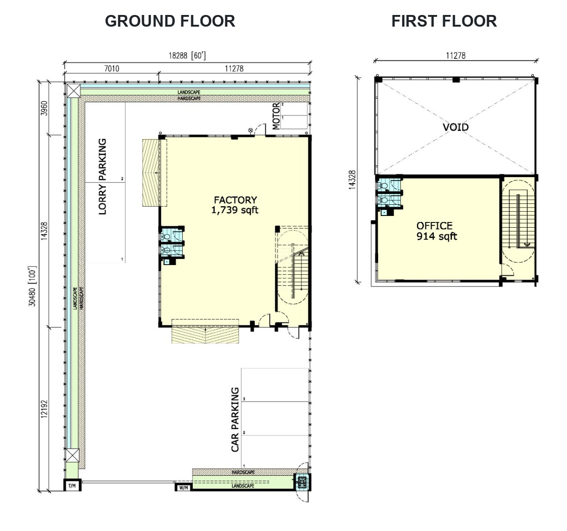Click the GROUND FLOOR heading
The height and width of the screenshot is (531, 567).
point(170,21)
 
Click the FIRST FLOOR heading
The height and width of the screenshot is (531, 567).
point(444,21)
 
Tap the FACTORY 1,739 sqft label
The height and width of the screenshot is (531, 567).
point(235,205)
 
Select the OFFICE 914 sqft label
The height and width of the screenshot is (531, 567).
point(437,231)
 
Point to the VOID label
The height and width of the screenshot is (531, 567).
point(456,127)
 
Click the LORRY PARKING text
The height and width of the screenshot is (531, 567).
point(102,177)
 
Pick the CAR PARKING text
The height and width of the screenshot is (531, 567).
point(235,420)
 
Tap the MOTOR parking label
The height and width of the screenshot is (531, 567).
point(276,116)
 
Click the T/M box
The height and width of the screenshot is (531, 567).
point(72,485)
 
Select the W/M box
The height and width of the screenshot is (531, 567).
point(183,488)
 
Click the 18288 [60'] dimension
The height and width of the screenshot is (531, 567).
point(187,56)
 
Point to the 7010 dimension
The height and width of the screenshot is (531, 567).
point(112,69)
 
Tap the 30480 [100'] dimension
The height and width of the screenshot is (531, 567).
point(32,286)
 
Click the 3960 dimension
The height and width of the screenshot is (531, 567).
point(44,108)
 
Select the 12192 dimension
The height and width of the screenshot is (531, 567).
point(44,409)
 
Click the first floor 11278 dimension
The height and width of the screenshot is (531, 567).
point(456,56)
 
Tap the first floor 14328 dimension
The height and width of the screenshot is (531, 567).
point(352,180)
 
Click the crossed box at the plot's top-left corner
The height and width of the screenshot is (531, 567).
point(74,91)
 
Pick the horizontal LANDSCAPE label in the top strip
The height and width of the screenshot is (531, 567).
point(189,92)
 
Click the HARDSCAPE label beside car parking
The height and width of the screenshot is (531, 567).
point(243,473)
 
